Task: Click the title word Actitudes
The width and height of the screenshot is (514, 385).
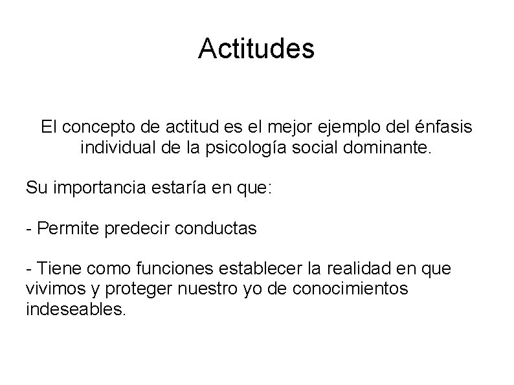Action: (x=256, y=49)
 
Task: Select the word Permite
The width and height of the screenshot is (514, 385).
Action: (x=65, y=228)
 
